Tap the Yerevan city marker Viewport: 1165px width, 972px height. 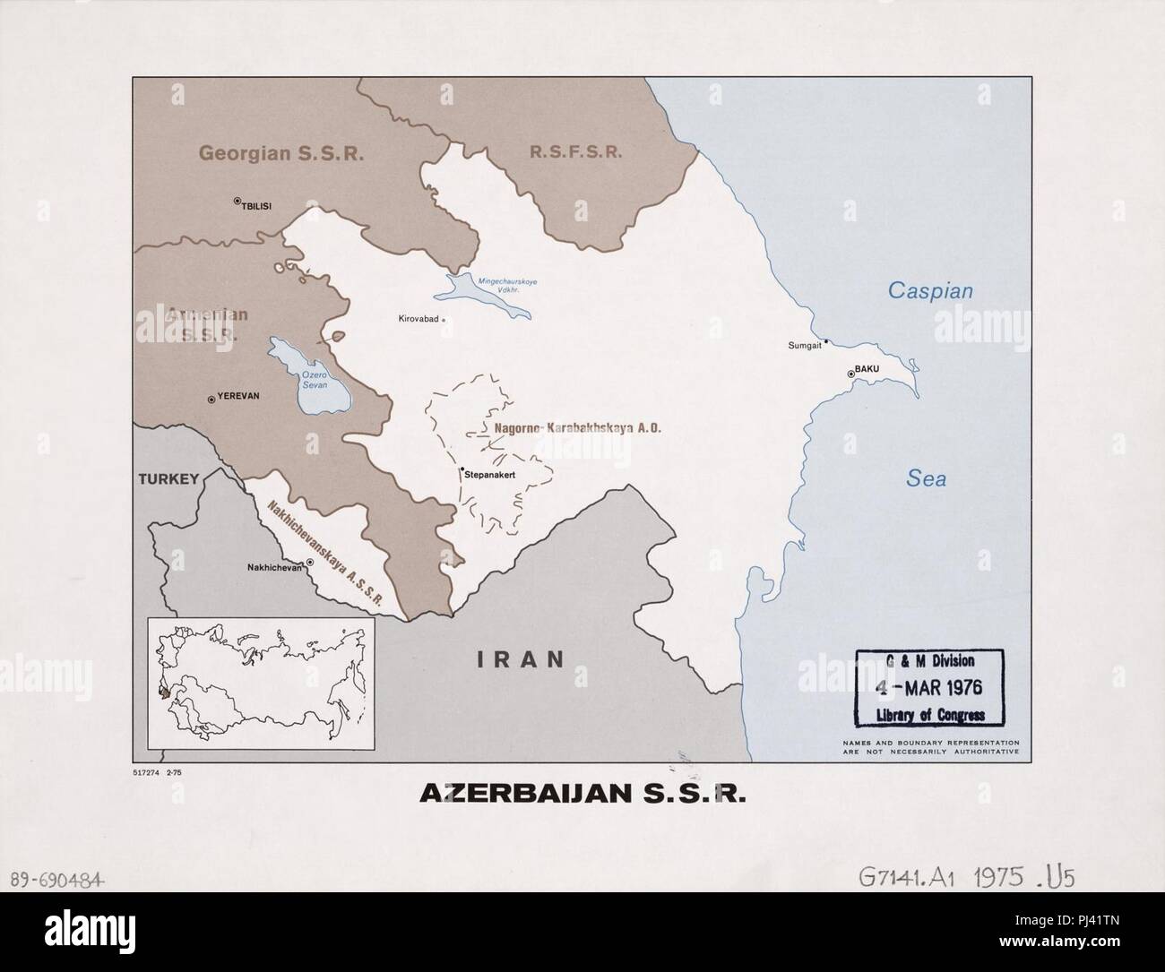pyautogui.click(x=211, y=400)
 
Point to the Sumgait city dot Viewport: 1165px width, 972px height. pyautogui.click(x=826, y=341)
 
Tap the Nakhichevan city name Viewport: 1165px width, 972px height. pyautogui.click(x=275, y=567)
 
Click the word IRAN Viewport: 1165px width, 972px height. pyautogui.click(x=521, y=659)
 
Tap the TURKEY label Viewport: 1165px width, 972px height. pyautogui.click(x=168, y=479)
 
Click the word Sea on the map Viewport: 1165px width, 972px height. pyautogui.click(x=926, y=479)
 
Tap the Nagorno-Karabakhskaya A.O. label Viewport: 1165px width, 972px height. pyautogui.click(x=577, y=429)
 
